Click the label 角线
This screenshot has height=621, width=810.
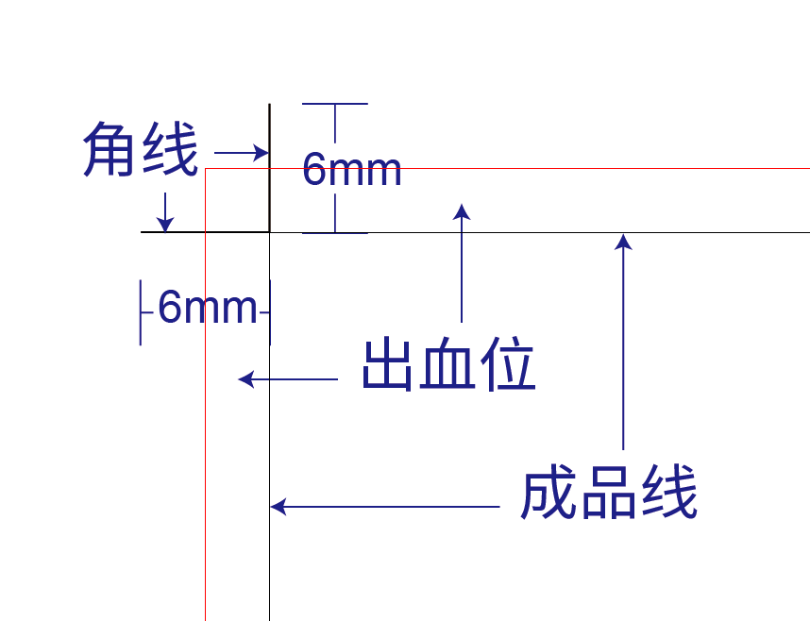click(140, 149)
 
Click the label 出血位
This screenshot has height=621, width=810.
click(448, 363)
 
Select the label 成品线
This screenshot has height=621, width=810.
click(609, 492)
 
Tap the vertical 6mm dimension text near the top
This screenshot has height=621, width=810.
click(352, 168)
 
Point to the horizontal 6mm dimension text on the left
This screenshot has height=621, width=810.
click(207, 307)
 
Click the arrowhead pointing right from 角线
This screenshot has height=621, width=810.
click(262, 153)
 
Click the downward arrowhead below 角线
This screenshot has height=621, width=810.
click(165, 225)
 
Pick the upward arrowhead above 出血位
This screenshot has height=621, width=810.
click(462, 211)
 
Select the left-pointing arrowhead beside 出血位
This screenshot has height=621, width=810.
click(245, 379)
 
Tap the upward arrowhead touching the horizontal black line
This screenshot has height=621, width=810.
click(623, 242)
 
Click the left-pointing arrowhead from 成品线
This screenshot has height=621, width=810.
click(278, 507)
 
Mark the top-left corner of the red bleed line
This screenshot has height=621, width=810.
click(206, 168)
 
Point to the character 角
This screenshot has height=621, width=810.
click(110, 149)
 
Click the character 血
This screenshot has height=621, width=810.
click(447, 363)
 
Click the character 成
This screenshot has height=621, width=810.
click(548, 492)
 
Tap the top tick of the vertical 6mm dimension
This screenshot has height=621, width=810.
click(335, 104)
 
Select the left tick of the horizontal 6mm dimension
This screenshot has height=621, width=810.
click(141, 312)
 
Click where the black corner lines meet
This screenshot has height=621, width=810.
click(270, 232)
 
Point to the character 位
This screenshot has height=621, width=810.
click(508, 363)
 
